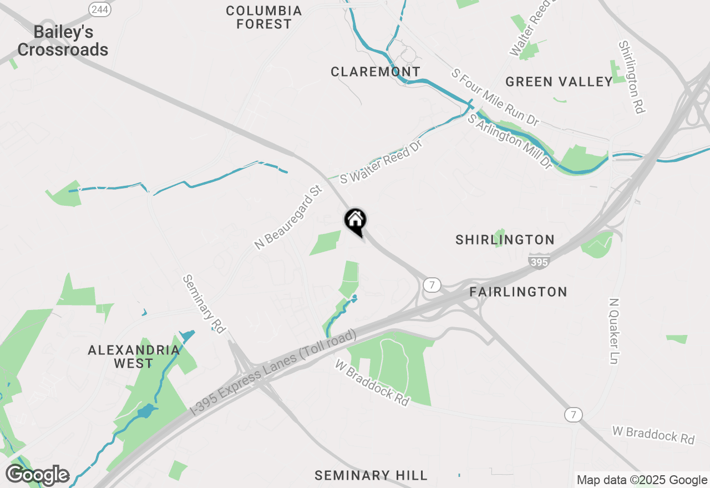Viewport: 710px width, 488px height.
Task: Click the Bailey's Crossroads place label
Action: tap(63, 41)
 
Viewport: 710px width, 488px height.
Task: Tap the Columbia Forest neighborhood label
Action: tap(263, 17)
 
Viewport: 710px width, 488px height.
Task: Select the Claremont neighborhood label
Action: tap(376, 72)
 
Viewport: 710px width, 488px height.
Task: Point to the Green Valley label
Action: tap(559, 82)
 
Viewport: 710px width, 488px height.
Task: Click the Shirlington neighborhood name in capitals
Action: tap(505, 240)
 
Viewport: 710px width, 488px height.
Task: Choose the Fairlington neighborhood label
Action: tap(518, 292)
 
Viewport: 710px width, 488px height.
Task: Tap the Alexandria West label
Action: tap(134, 357)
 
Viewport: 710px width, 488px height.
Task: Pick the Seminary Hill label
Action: tap(371, 475)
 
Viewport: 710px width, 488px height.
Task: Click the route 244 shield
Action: tap(100, 9)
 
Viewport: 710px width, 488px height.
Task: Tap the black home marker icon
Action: tap(356, 221)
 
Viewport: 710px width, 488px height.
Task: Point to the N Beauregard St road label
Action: tap(288, 217)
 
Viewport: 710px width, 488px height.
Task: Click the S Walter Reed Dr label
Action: tap(382, 162)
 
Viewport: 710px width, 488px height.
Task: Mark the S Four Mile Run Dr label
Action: tap(495, 97)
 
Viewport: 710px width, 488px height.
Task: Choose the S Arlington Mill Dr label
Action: tap(510, 142)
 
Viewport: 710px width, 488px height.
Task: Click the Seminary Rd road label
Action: tap(204, 304)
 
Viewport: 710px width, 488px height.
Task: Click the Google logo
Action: tap(37, 475)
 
